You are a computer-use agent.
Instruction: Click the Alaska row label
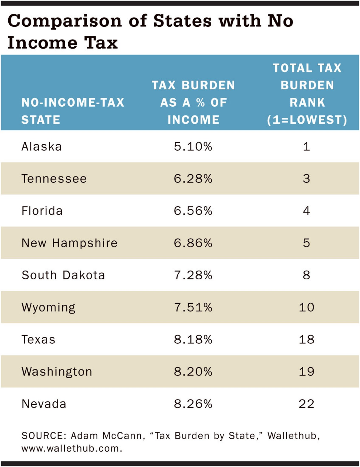tap(42, 147)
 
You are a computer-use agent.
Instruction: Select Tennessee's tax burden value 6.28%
tap(193, 179)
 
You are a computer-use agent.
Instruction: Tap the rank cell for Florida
tap(306, 211)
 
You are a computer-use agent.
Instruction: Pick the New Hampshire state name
tap(69, 243)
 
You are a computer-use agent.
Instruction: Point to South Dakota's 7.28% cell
tap(193, 275)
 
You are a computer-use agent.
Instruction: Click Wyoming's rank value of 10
tap(306, 307)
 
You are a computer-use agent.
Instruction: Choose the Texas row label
tap(38, 339)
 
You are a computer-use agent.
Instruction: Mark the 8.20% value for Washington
tap(193, 371)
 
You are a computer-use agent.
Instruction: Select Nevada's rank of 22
tap(306, 404)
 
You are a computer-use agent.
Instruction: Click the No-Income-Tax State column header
tap(73, 111)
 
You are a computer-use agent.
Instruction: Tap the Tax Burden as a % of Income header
tap(193, 102)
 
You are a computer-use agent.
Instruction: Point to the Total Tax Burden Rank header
tap(307, 94)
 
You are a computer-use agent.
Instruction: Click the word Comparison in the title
tap(65, 21)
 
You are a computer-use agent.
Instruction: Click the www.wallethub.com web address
tap(72, 448)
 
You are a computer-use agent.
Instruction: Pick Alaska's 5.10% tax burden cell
tap(193, 147)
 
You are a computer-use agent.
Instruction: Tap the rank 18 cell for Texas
tap(306, 339)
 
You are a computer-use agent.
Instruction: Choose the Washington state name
tap(57, 371)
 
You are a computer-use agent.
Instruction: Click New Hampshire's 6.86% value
tap(193, 243)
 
